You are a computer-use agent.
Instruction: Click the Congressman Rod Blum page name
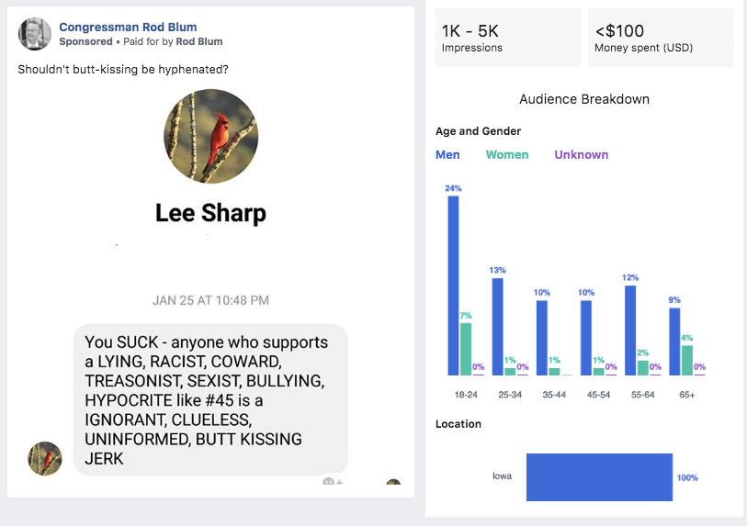(128, 27)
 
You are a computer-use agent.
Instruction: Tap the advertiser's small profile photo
(35, 34)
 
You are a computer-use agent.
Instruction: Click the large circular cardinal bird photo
(211, 136)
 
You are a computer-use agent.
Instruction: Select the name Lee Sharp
(210, 214)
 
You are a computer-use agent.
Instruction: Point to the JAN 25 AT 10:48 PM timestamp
(210, 300)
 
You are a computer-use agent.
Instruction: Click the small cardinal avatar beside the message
(45, 458)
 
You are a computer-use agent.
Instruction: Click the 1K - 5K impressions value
(470, 31)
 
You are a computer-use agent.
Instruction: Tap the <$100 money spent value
(619, 31)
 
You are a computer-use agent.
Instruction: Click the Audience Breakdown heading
(584, 99)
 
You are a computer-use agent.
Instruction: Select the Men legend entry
(447, 154)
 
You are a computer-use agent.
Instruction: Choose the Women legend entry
(507, 154)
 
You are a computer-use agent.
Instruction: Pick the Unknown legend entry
(581, 154)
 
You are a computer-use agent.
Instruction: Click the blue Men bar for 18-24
(453, 285)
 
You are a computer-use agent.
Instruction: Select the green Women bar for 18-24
(466, 349)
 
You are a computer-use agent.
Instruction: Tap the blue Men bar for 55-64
(630, 330)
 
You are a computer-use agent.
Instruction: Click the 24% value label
(453, 188)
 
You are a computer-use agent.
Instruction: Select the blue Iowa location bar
(599, 476)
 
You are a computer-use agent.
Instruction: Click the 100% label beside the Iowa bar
(687, 477)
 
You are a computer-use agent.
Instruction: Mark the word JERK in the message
(104, 459)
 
